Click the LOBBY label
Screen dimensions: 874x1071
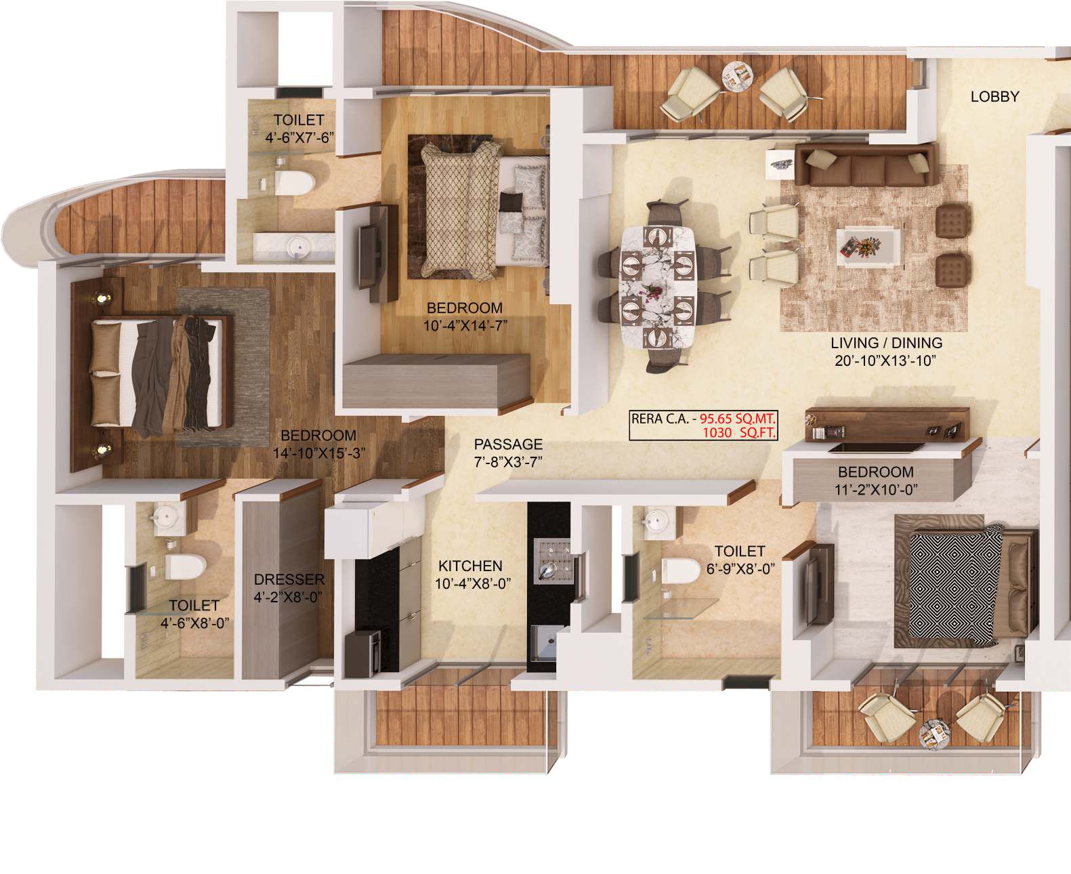[994, 97]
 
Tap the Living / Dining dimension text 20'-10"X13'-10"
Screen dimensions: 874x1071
[885, 360]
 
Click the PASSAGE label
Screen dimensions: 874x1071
[508, 444]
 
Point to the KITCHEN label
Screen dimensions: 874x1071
[470, 566]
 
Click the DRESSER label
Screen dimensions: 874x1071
[289, 580]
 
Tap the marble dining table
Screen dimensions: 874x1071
[657, 287]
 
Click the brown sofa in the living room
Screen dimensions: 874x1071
[865, 165]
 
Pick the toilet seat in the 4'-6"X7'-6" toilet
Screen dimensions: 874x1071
[292, 182]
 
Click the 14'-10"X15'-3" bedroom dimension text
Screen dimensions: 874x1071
[319, 453]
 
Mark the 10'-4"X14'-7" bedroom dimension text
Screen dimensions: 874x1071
[465, 325]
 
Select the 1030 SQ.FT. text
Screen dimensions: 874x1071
[739, 432]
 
